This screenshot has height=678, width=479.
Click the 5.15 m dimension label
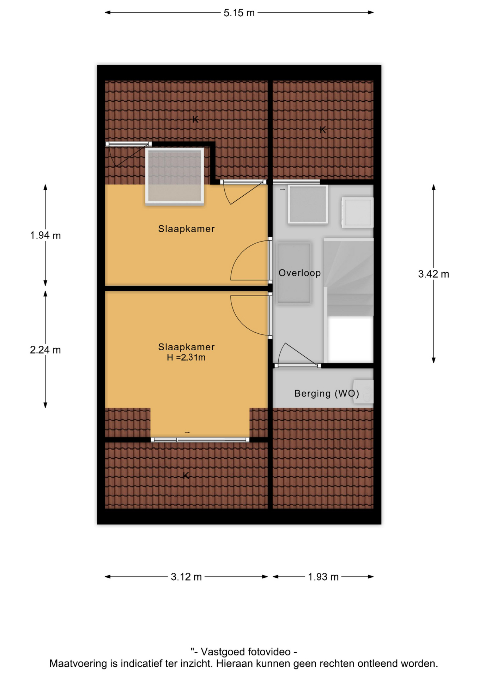[x=239, y=13]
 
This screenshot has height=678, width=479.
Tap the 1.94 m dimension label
[x=45, y=235]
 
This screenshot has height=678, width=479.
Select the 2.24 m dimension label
[x=45, y=350]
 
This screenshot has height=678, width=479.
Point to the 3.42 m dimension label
[x=433, y=274]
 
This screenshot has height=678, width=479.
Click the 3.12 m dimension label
[x=186, y=577]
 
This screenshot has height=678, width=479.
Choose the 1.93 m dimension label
[x=323, y=577]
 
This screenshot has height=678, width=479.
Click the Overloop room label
[x=299, y=273]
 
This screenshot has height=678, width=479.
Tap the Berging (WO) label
[x=327, y=393]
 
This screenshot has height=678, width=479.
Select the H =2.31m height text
[x=186, y=357]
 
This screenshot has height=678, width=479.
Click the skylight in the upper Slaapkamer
[x=175, y=176]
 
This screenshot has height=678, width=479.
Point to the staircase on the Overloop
[x=348, y=300]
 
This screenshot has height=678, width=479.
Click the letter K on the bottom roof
[x=186, y=476]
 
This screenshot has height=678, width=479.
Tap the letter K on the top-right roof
[x=323, y=130]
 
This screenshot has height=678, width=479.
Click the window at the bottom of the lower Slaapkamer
[x=200, y=440]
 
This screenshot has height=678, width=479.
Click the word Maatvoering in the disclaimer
[x=78, y=664]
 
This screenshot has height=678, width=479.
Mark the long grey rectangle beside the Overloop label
[x=294, y=273]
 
